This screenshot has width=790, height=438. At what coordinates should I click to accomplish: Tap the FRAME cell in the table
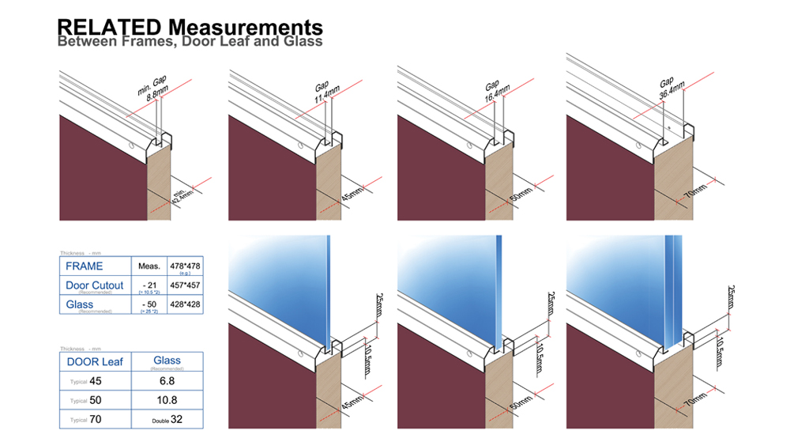[x=85, y=266]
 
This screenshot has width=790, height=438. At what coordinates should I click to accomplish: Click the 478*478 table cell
[x=185, y=266]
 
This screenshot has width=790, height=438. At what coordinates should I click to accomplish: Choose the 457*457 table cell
[x=185, y=285]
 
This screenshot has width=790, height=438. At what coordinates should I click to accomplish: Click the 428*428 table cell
[x=185, y=304]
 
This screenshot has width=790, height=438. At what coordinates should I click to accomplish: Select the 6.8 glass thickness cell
[x=166, y=381]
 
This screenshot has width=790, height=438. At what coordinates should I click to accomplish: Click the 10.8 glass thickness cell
[x=166, y=400]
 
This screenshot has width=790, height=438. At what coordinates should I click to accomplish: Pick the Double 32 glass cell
[x=166, y=419]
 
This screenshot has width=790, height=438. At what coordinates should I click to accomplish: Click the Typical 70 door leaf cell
[x=93, y=419]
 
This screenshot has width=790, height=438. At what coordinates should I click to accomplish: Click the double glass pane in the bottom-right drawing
[x=673, y=293]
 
